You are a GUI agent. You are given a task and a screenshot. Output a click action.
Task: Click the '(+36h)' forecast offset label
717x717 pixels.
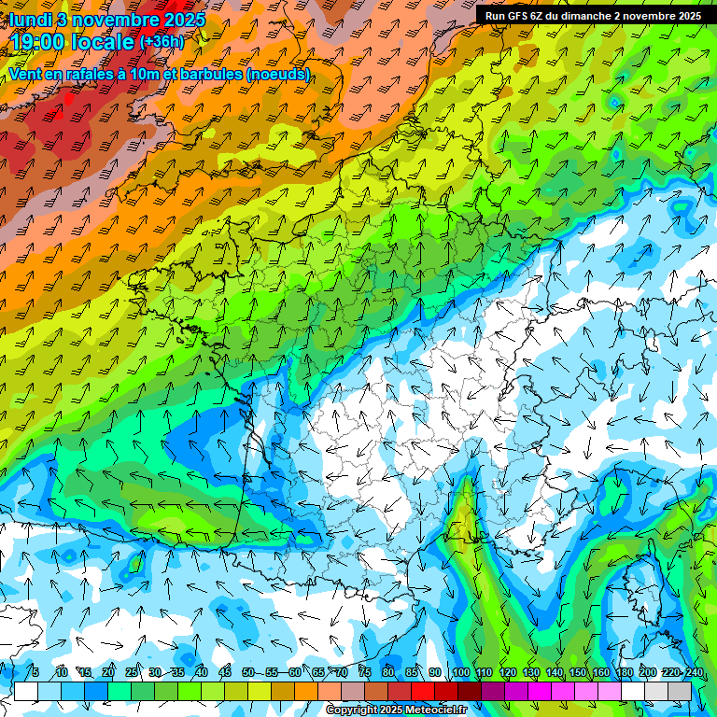click(162, 42)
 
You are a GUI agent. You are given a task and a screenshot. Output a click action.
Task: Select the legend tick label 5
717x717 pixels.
click(35, 672)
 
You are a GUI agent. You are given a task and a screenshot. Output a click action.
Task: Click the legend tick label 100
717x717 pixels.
click(460, 672)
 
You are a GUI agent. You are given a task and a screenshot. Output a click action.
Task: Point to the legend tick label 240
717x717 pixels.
click(695, 672)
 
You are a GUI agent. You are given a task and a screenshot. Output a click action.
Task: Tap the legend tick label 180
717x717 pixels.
click(624, 672)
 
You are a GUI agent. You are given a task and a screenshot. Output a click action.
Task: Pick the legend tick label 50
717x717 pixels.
click(248, 672)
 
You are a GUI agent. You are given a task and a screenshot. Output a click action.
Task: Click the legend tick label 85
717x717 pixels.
click(412, 672)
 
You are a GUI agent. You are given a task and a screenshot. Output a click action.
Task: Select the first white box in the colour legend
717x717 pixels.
click(26, 691)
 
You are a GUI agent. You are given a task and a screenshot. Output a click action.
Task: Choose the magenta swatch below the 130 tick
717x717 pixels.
click(540, 691)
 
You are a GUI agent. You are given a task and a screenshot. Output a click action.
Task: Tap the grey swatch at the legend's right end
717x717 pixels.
click(680, 691)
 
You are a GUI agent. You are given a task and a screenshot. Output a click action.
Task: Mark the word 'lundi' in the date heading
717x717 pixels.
click(30, 20)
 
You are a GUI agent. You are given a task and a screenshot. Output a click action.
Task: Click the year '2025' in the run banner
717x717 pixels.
click(689, 16)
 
